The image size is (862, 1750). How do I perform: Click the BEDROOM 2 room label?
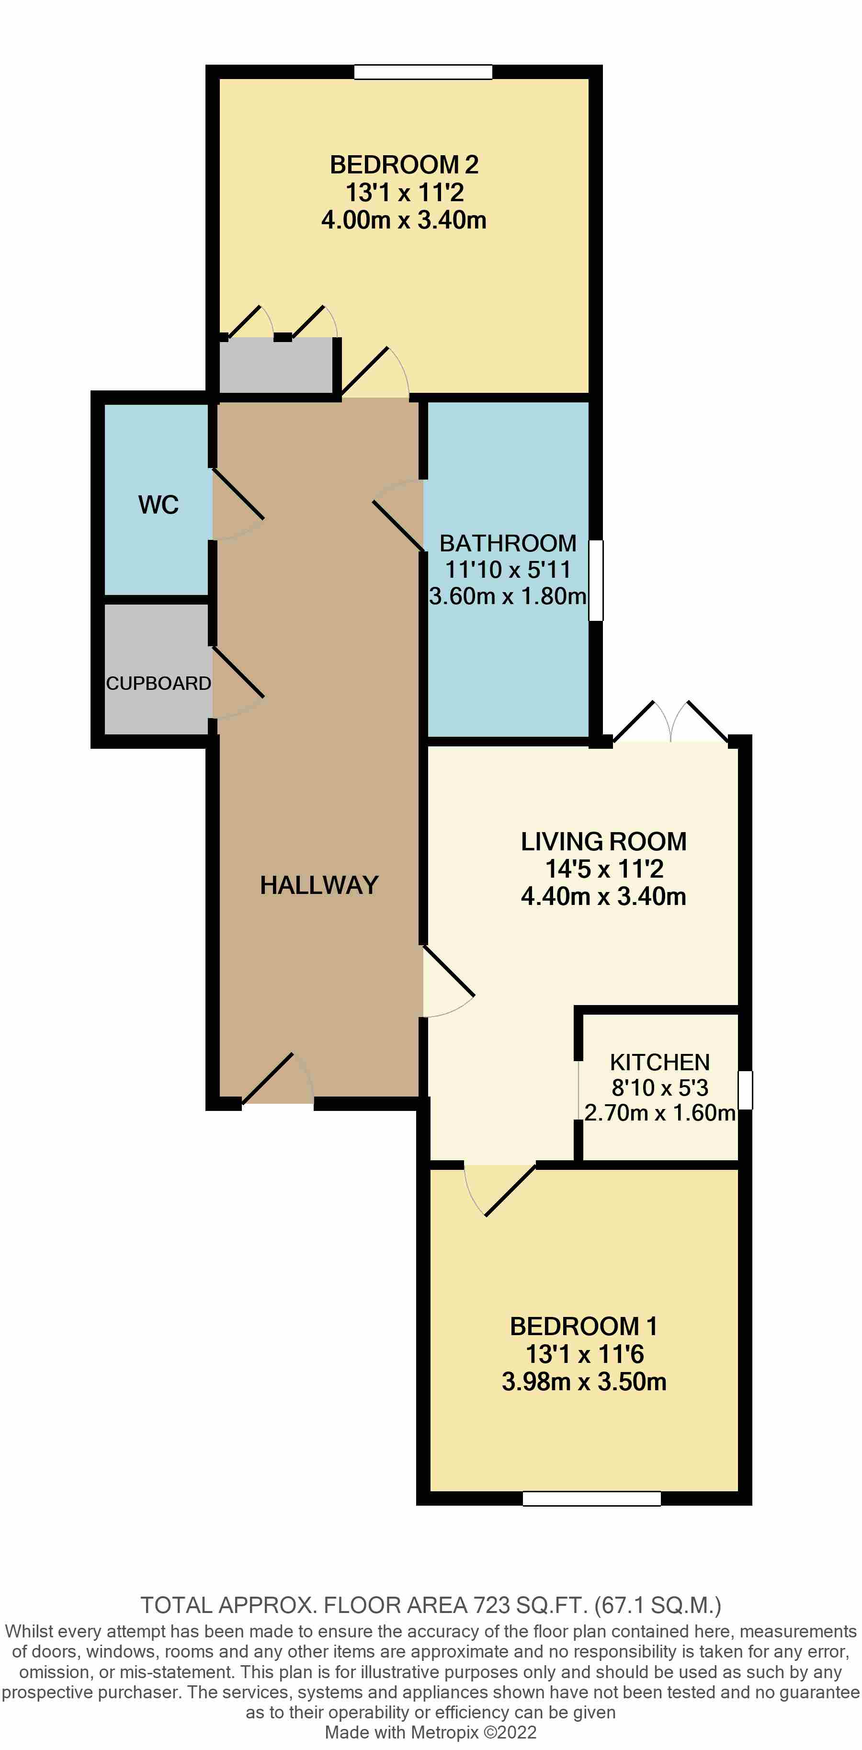pos(404,164)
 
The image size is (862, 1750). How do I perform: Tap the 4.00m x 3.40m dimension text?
pos(404,220)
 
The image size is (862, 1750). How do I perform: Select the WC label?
pos(158,505)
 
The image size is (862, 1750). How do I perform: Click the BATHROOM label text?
pos(508,543)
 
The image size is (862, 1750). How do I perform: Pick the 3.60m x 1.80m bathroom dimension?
pos(508,596)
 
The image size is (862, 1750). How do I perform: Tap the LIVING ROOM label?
pos(603,841)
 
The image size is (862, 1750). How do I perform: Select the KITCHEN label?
pos(659,1062)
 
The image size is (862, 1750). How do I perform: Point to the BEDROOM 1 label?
pos(583,1326)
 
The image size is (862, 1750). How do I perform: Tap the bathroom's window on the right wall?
pos(595,580)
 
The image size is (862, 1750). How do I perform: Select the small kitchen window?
pos(745,1090)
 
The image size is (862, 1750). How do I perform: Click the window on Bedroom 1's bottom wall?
pos(591,1498)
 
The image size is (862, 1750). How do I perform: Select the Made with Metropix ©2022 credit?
pos(431,1732)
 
